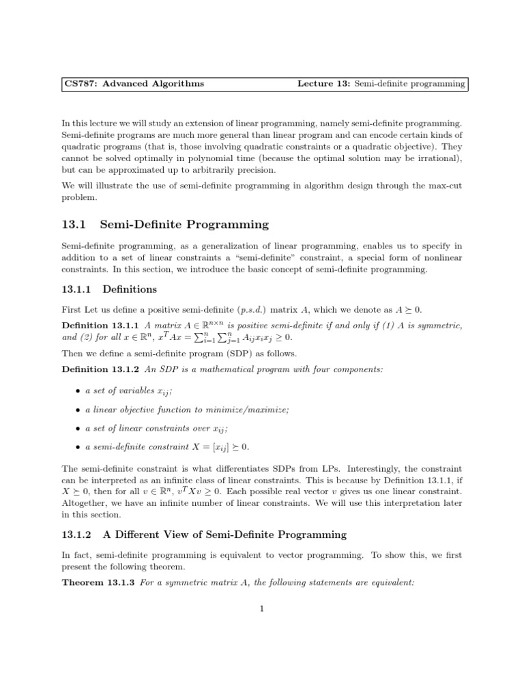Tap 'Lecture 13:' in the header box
(x=323, y=84)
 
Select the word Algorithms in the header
(x=175, y=84)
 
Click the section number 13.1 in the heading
(x=74, y=225)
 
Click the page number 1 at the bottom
(x=262, y=610)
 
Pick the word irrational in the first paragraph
(x=438, y=158)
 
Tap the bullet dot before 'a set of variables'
(x=76, y=391)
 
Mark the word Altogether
(x=85, y=502)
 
